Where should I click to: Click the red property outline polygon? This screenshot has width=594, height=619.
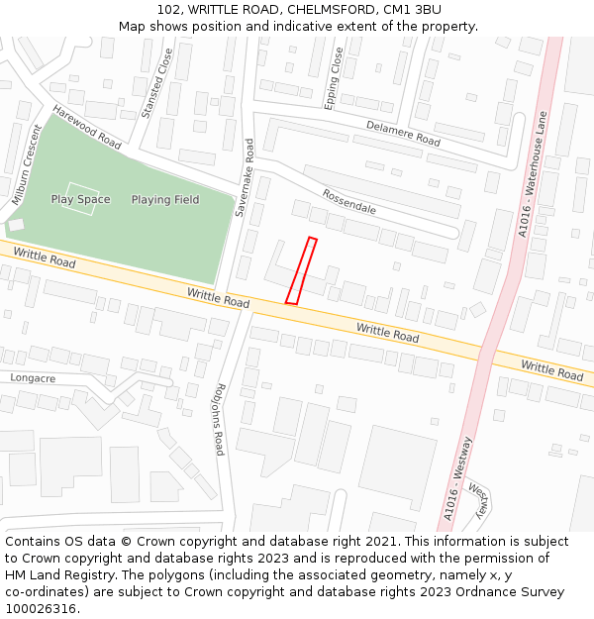pyautogui.click(x=301, y=270)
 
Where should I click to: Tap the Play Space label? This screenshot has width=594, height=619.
pyautogui.click(x=81, y=200)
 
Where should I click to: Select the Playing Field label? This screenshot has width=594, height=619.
pyautogui.click(x=165, y=200)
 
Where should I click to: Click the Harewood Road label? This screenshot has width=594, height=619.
pyautogui.click(x=87, y=128)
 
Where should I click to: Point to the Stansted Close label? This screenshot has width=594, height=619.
pyautogui.click(x=156, y=83)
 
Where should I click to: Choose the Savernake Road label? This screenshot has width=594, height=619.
pyautogui.click(x=245, y=177)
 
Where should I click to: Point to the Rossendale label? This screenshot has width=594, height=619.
pyautogui.click(x=348, y=201)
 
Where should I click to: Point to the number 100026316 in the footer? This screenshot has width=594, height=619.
pyautogui.click(x=42, y=609)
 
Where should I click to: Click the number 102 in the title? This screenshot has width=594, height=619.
pyautogui.click(x=169, y=9)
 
